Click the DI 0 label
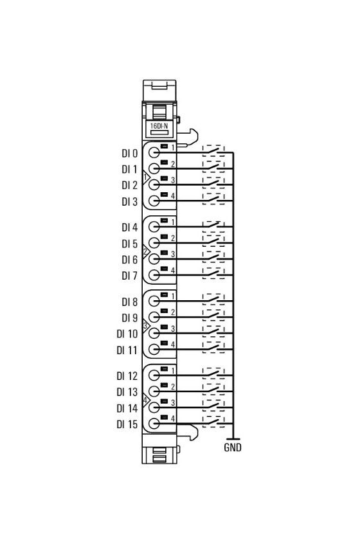click(129, 153)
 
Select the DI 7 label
click(129, 276)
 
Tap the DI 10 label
click(127, 334)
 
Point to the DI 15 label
click(127, 424)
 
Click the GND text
click(233, 447)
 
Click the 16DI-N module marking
click(159, 126)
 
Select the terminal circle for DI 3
click(154, 201)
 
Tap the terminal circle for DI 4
click(154, 226)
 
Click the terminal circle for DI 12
click(154, 375)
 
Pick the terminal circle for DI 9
click(154, 317)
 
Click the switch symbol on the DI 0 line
click(213, 151)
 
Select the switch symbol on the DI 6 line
click(213, 257)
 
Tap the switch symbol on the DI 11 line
click(213, 348)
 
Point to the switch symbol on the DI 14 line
click(213, 406)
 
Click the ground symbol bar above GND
click(233, 439)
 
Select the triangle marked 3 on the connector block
click(146, 325)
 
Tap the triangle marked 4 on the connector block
click(146, 400)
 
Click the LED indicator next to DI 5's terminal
click(164, 237)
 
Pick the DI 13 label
click(127, 392)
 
